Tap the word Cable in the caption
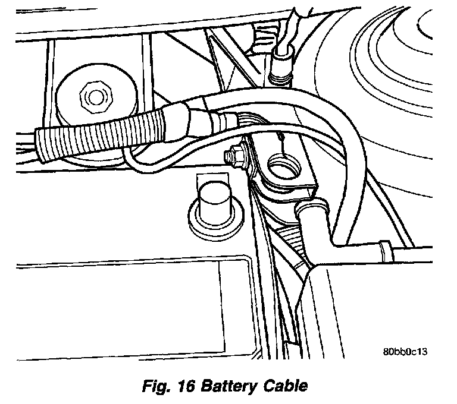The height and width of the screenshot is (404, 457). pos(285,386)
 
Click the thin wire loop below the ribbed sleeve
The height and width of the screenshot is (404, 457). pos(143,163)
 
